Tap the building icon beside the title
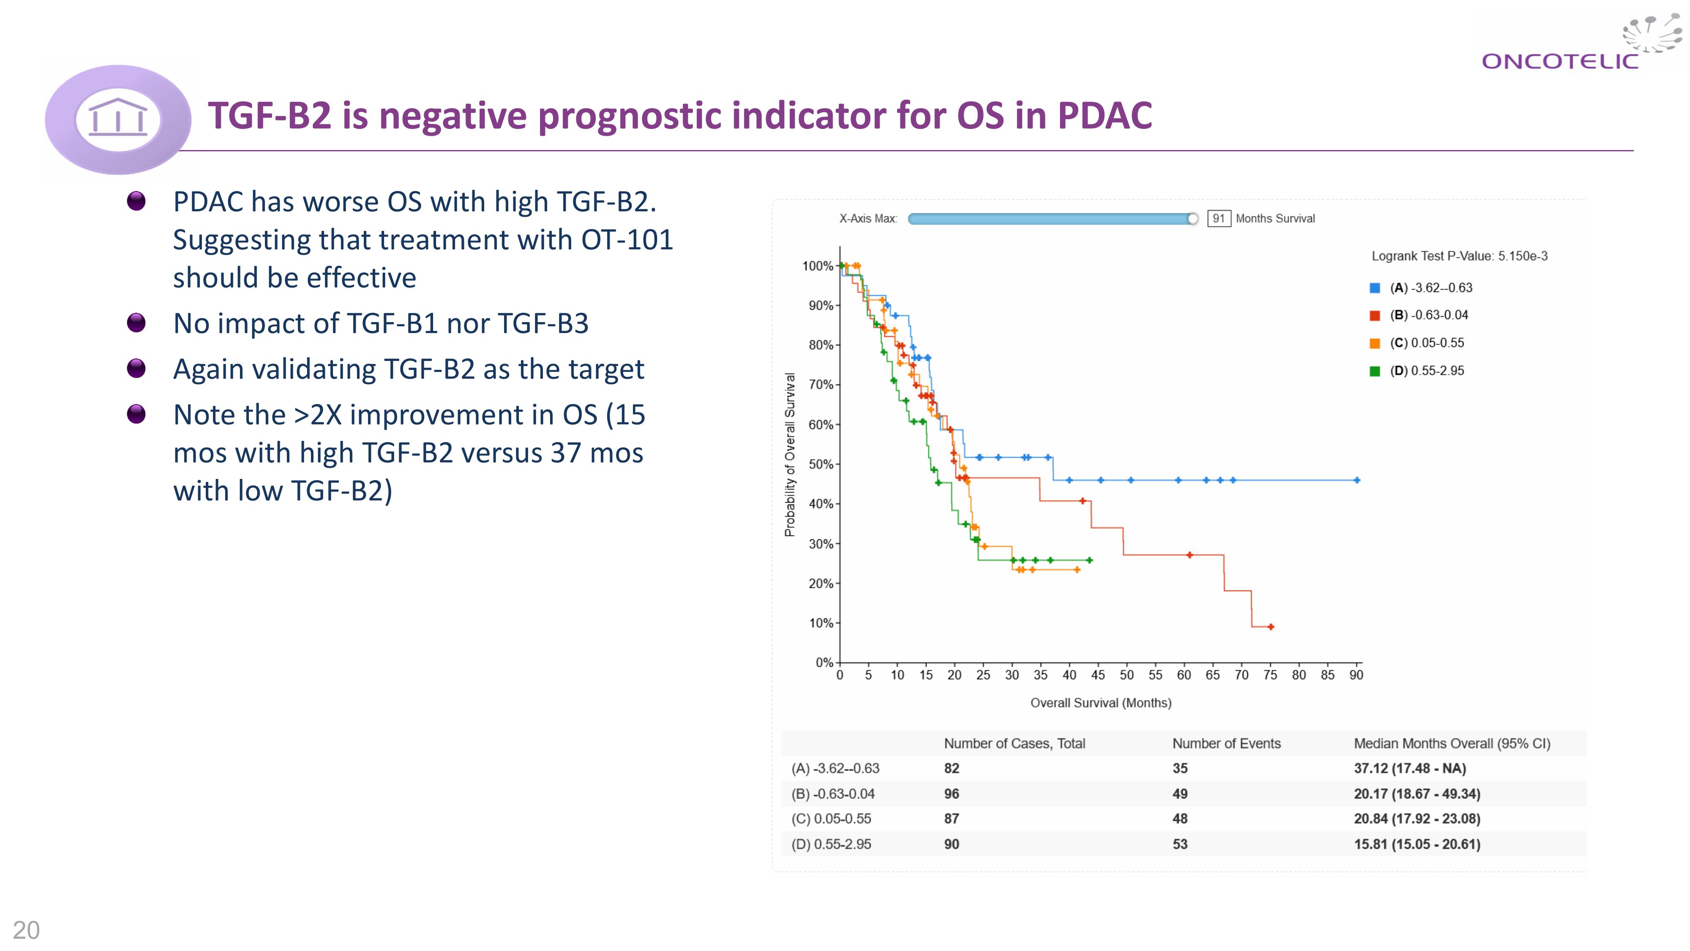pyautogui.click(x=118, y=118)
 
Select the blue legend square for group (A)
pyautogui.click(x=1375, y=288)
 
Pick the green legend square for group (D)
pyautogui.click(x=1375, y=372)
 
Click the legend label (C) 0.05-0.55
pyautogui.click(x=1426, y=343)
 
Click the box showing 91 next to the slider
pyautogui.click(x=1218, y=219)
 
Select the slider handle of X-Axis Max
pyautogui.click(x=1193, y=219)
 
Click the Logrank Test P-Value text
pyautogui.click(x=1459, y=256)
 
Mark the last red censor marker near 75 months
pyautogui.click(x=1271, y=627)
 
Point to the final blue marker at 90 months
pyautogui.click(x=1357, y=481)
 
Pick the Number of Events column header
pyautogui.click(x=1226, y=743)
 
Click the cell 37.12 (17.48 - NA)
pyautogui.click(x=1409, y=768)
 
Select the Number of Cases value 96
pyautogui.click(x=951, y=794)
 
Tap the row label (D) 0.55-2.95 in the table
pyautogui.click(x=831, y=844)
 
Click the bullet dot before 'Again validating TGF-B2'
pyautogui.click(x=136, y=368)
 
